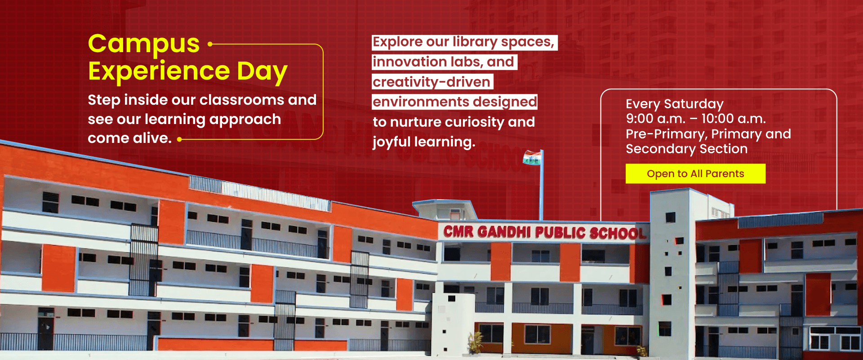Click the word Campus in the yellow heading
[x=143, y=44]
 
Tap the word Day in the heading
[x=262, y=72]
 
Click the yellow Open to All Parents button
[x=695, y=173]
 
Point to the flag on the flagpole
[x=532, y=158]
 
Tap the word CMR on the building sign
[x=458, y=231]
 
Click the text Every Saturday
[x=674, y=104]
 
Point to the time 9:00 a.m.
[x=655, y=119]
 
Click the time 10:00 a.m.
[x=733, y=119]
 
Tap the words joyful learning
[x=423, y=142]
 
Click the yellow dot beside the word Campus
[x=210, y=44]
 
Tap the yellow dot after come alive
[x=179, y=139]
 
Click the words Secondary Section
[x=686, y=149]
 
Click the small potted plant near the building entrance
[x=476, y=342]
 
